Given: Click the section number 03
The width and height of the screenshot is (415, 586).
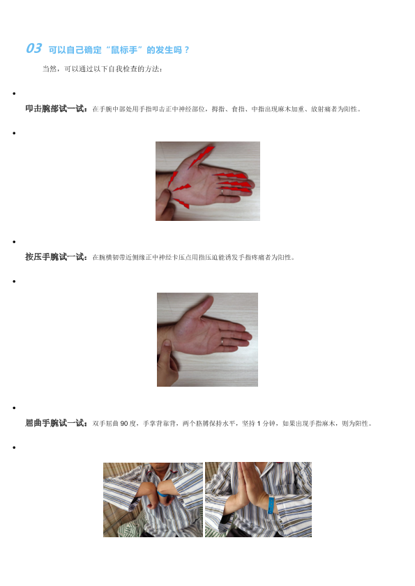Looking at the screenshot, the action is (x=33, y=48).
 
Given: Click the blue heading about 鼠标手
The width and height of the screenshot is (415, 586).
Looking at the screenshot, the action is (x=119, y=50).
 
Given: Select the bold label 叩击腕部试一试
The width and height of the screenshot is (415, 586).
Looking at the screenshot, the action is (x=56, y=109).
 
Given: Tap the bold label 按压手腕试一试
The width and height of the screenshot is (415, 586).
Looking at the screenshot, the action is (x=56, y=256).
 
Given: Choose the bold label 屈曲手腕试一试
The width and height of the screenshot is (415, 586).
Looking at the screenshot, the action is (x=56, y=423).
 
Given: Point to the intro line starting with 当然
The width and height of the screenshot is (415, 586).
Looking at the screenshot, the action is (x=102, y=69).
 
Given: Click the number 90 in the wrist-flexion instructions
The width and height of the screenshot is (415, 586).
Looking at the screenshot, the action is (x=124, y=424).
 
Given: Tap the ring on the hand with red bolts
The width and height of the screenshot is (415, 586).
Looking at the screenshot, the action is (x=222, y=192).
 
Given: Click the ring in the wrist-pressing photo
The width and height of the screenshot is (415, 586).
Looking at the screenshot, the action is (x=222, y=341).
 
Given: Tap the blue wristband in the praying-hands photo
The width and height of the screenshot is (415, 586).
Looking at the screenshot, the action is (x=271, y=504).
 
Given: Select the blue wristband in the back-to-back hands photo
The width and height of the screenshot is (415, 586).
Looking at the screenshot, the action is (x=163, y=494).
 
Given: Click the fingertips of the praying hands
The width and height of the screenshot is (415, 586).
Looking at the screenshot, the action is (x=242, y=465).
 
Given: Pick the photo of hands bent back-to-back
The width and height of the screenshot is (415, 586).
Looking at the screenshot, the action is (x=153, y=500).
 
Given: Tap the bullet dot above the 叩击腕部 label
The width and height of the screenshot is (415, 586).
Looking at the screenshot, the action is (x=14, y=93).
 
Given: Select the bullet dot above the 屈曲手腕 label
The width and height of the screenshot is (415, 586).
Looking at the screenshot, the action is (x=14, y=408).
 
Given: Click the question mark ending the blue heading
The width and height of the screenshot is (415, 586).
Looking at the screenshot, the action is (x=187, y=50).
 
